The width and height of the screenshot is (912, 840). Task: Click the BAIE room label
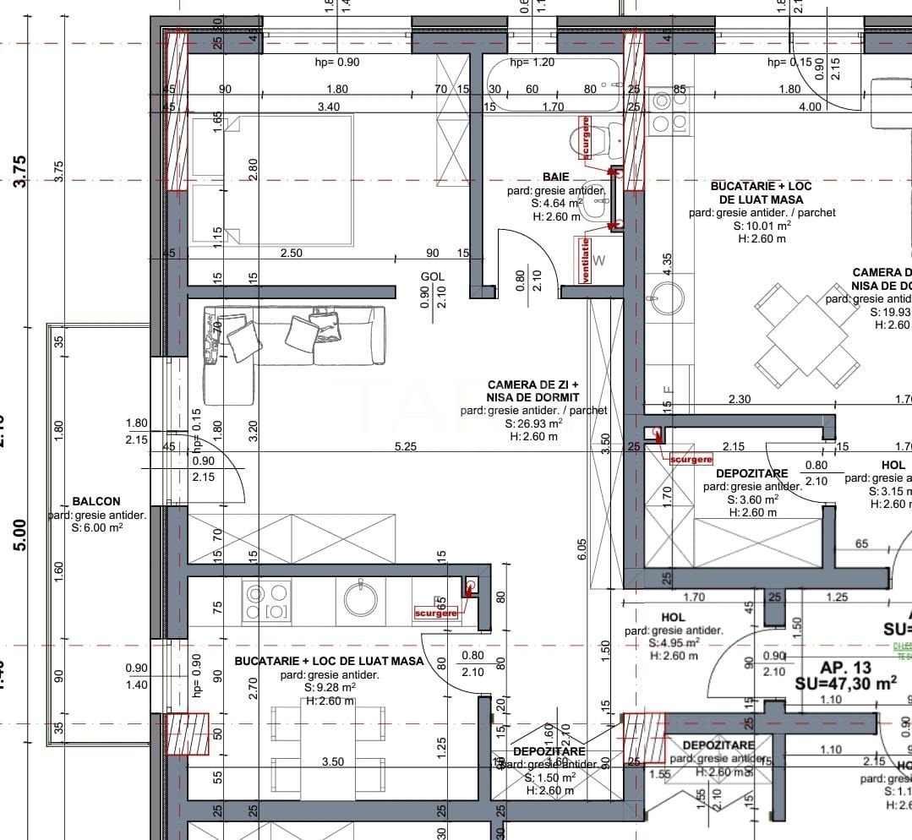tap(555, 177)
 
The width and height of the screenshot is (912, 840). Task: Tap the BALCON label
tap(96, 501)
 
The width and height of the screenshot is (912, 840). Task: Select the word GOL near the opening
tap(433, 276)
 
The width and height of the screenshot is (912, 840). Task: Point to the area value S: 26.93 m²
tap(533, 423)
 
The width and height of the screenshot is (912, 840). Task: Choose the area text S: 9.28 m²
tap(330, 688)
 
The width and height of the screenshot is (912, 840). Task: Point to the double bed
tap(270, 179)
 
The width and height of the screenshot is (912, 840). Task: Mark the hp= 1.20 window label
tap(532, 63)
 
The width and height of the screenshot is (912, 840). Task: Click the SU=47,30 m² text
tap(845, 684)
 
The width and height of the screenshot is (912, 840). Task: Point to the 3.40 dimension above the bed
tap(328, 106)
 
